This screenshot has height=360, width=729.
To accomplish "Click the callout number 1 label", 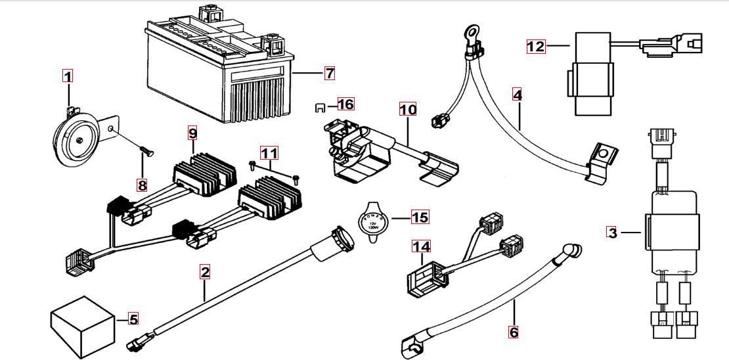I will point(68,76).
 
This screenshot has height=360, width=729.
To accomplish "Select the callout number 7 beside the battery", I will point(329,73).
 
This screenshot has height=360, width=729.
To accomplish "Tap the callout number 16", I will point(345,104).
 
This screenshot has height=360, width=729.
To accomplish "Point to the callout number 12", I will point(536,46).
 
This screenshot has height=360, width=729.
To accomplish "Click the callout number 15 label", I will point(419,216).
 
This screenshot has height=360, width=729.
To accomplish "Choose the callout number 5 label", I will point(133,319).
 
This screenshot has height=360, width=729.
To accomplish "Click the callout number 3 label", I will point(612,233).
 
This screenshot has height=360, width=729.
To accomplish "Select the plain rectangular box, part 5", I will point(82,325).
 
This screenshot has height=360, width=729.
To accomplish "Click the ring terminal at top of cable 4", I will point(470,30).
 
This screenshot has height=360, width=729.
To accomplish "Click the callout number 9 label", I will point(192,133).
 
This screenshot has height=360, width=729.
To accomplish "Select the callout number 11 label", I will point(269,154).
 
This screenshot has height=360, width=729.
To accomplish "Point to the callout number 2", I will point(206,272).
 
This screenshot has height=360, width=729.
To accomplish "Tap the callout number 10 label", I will point(408,109).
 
